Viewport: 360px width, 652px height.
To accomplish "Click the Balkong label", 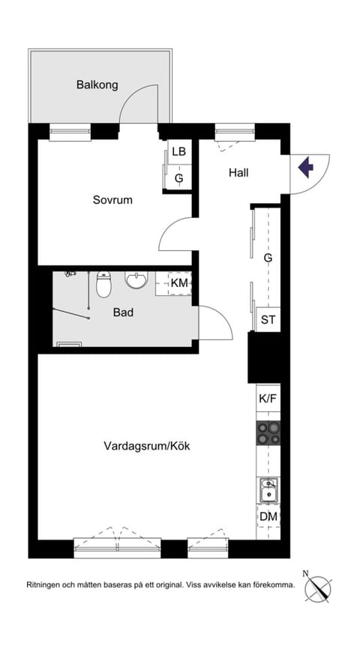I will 97,85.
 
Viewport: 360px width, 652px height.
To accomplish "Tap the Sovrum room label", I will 112,199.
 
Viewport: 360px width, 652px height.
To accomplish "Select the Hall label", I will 238,172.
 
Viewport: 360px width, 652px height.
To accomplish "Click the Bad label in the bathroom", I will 123,312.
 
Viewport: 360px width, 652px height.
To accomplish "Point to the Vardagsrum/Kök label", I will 147,445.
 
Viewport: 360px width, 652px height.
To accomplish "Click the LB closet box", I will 178,152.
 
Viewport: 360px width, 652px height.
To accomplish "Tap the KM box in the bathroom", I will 178,283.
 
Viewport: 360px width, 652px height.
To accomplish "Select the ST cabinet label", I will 268,319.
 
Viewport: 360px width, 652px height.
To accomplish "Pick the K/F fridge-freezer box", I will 268,398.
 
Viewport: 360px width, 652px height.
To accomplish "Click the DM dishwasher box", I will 268,516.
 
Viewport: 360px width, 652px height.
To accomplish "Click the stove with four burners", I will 268,432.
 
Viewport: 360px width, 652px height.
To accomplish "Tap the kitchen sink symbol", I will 268,490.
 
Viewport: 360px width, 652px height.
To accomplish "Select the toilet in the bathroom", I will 104,284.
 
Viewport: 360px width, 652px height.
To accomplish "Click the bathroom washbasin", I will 136,281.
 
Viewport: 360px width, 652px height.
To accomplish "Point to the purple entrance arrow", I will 305,166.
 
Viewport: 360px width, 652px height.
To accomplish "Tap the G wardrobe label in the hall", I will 268,258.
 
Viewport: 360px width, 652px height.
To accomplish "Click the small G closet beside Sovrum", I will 178,178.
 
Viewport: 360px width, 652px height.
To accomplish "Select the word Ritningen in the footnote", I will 46,585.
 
